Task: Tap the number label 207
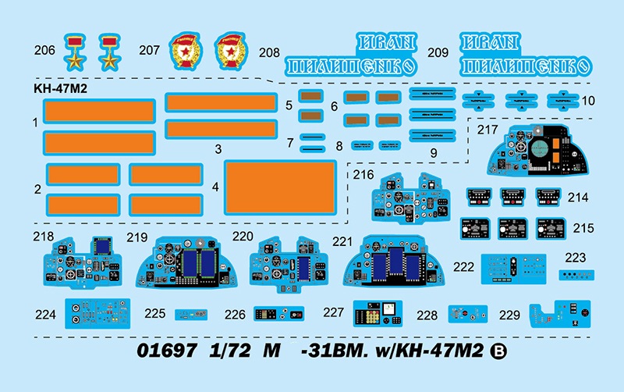(149, 50)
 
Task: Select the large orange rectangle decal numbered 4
(279, 188)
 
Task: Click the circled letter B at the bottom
(499, 351)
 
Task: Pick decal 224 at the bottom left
(97, 313)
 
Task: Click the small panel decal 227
(380, 313)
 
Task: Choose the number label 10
(588, 101)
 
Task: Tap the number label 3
(218, 148)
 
